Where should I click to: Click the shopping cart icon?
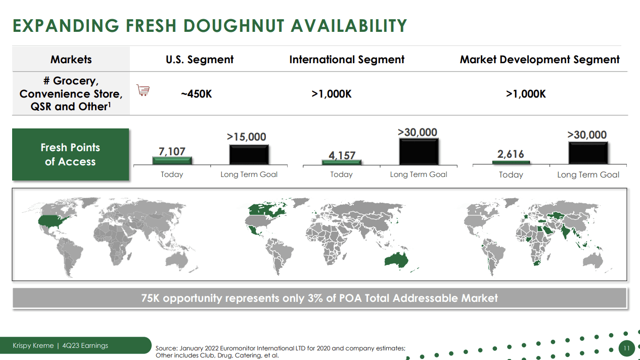pyautogui.click(x=143, y=91)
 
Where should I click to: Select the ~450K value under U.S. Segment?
pyautogui.click(x=197, y=94)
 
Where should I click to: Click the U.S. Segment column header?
pyautogui.click(x=200, y=60)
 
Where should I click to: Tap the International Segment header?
pyautogui.click(x=347, y=60)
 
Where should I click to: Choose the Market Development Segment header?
pyautogui.click(x=539, y=60)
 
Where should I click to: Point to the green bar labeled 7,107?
pyautogui.click(x=172, y=160)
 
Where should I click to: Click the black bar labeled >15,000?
pyautogui.click(x=249, y=155)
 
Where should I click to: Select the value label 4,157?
pyautogui.click(x=342, y=155)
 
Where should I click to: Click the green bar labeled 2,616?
pyautogui.click(x=511, y=162)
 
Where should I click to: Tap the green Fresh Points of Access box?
pyautogui.click(x=70, y=155)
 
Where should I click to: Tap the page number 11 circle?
pyautogui.click(x=626, y=348)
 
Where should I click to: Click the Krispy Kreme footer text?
pyautogui.click(x=33, y=346)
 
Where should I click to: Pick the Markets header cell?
pyautogui.click(x=71, y=60)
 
